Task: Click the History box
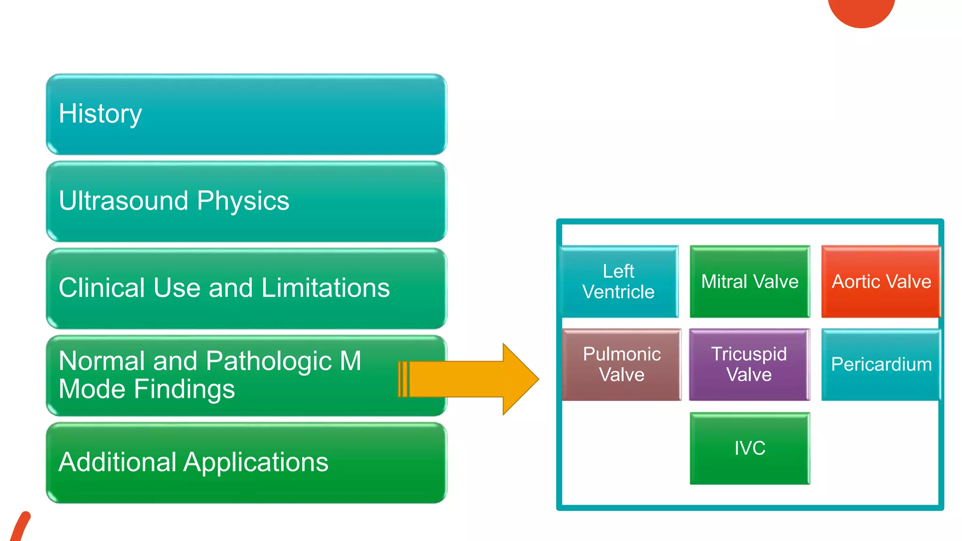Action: click(246, 114)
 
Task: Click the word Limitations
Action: click(325, 288)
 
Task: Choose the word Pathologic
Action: click(269, 361)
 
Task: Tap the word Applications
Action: click(256, 463)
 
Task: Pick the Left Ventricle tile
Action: click(619, 281)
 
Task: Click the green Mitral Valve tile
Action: click(750, 281)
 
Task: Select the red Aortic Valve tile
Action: click(881, 281)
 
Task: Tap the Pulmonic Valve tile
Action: click(621, 364)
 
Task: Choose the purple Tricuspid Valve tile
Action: click(749, 364)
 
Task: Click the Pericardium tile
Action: click(881, 364)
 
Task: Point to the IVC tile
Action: click(750, 448)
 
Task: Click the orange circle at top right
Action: click(861, 10)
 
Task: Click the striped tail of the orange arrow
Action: click(403, 379)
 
